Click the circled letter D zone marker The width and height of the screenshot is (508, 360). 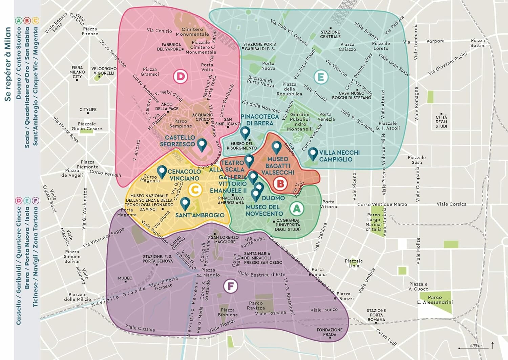181,76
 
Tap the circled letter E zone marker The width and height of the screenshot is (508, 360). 320,77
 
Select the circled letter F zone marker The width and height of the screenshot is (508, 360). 231,286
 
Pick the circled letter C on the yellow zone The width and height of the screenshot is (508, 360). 195,190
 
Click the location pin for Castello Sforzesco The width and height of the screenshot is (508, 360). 202,145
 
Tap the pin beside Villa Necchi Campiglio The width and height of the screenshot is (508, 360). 313,154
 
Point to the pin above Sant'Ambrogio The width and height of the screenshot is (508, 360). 185,203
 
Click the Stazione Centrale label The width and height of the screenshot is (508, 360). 330,34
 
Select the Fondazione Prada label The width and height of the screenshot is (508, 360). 330,332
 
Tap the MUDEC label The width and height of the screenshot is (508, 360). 125,278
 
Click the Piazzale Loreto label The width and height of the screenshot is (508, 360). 381,46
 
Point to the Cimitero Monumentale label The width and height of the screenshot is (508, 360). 192,32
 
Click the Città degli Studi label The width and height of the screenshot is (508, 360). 441,121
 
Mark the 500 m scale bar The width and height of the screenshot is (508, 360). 473,347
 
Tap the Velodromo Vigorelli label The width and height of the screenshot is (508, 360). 104,71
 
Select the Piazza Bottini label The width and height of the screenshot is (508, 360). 478,43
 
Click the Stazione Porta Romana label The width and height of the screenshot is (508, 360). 376,315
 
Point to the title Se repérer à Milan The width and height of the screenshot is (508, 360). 8,64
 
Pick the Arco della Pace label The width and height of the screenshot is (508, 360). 167,106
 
